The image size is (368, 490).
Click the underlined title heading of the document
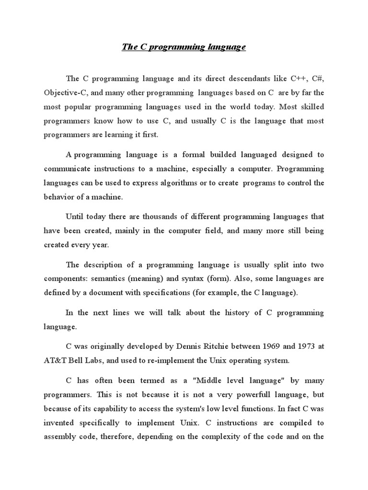coord(184,47)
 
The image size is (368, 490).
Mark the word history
coord(223,312)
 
